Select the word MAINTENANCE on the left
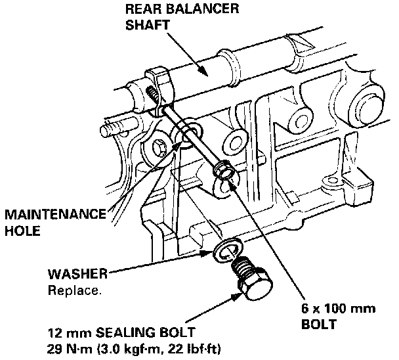tap(55, 215)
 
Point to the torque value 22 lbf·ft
tap(194, 348)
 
